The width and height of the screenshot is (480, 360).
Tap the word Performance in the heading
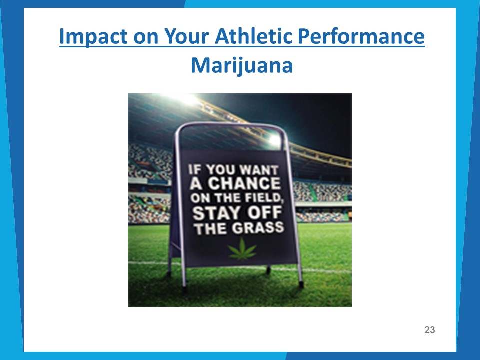(361, 36)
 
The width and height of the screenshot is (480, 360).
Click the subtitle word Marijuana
(242, 66)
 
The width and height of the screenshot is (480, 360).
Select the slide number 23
(430, 330)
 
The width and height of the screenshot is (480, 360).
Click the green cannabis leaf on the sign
(242, 250)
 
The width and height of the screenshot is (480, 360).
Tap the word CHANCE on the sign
(244, 183)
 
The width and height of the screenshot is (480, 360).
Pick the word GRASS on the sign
(258, 228)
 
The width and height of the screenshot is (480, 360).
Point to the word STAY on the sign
(216, 213)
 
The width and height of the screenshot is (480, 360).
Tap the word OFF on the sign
(264, 213)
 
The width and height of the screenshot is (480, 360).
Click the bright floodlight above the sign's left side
(188, 100)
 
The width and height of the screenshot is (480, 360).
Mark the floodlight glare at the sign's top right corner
(275, 140)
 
